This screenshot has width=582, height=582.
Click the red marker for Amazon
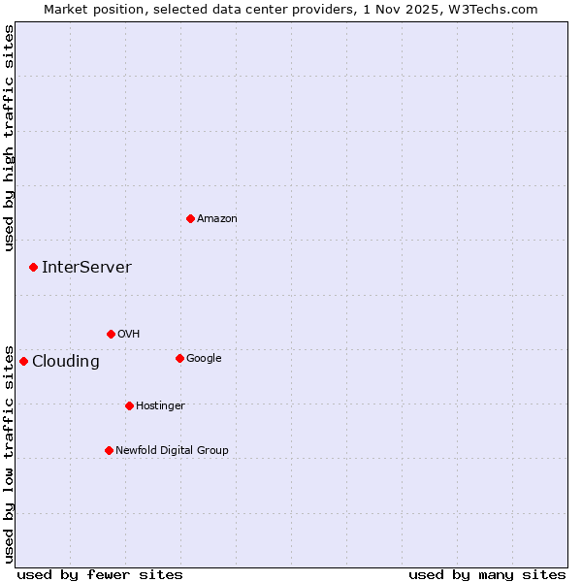[x=190, y=218]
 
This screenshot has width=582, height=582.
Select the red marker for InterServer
[x=33, y=267]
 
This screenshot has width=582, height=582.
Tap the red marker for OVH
[x=111, y=334]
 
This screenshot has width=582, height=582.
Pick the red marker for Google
[x=179, y=358]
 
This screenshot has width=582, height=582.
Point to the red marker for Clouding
[x=23, y=361]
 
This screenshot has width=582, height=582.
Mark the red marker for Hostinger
[x=129, y=405]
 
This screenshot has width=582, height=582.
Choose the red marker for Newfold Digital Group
[x=109, y=450]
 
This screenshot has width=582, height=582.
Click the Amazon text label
[x=217, y=219]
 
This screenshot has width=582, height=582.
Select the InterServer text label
[x=86, y=268]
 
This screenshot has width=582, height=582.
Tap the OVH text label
[x=129, y=335]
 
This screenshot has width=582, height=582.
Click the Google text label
[x=204, y=359]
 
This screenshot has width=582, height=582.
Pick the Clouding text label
[x=66, y=362]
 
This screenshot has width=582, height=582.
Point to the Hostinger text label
[x=160, y=406]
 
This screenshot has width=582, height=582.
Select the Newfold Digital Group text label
[x=172, y=451]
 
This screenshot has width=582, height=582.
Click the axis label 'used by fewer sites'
[x=100, y=574]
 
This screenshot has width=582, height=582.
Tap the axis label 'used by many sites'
[x=487, y=574]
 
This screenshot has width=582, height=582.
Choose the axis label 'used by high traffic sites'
[x=10, y=138]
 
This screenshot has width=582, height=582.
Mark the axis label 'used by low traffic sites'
[x=10, y=453]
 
